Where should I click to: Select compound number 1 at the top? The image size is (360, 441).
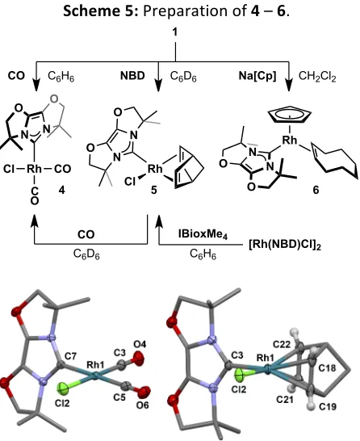click(175, 32)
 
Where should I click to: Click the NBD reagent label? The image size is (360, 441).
click(132, 76)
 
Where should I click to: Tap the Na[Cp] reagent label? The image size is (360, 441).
click(257, 76)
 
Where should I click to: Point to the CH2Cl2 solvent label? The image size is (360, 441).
click(317, 76)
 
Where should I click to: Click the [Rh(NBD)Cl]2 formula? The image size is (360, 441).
click(285, 245)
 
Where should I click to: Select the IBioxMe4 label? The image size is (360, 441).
click(203, 233)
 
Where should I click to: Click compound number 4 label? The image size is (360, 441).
click(61, 190)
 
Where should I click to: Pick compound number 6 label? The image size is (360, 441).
click(316, 190)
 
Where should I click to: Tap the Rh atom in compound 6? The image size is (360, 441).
click(290, 140)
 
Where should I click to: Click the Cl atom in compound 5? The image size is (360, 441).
click(130, 182)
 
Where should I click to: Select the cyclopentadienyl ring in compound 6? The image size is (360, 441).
click(290, 115)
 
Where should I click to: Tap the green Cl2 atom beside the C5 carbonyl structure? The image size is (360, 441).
click(62, 388)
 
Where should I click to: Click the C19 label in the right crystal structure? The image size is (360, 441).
click(328, 406)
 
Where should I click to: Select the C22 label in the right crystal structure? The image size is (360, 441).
click(282, 344)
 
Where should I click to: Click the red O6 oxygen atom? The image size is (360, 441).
click(144, 391)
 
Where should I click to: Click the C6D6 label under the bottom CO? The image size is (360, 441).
click(86, 254)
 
